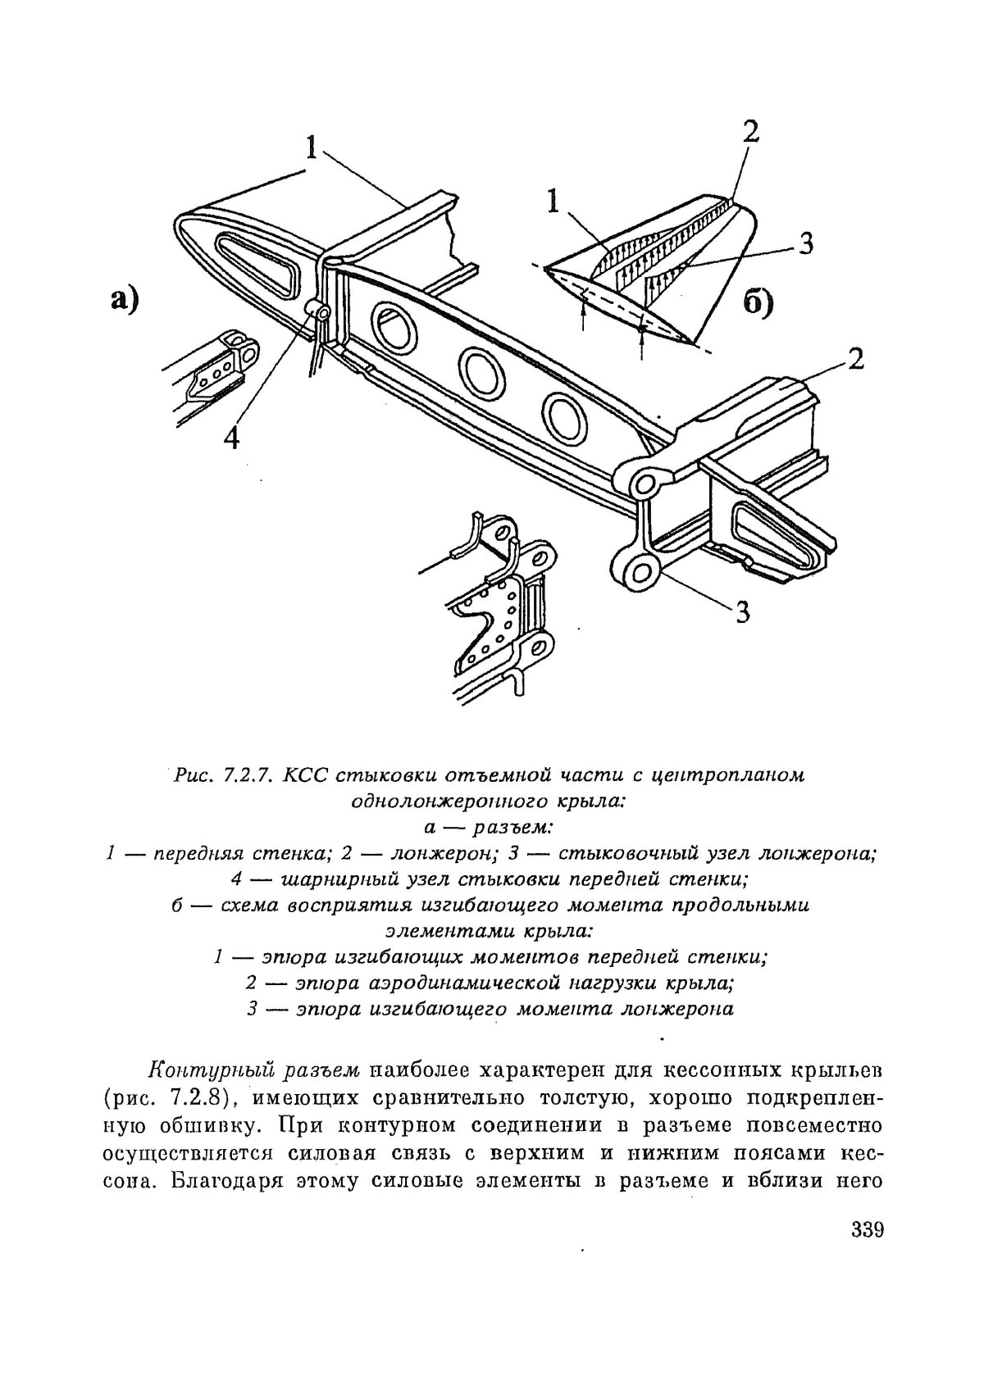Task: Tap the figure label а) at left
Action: click(123, 299)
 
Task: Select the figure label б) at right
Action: click(758, 303)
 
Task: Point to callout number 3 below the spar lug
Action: click(741, 611)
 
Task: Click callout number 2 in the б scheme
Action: click(750, 132)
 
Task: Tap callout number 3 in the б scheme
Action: click(804, 243)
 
